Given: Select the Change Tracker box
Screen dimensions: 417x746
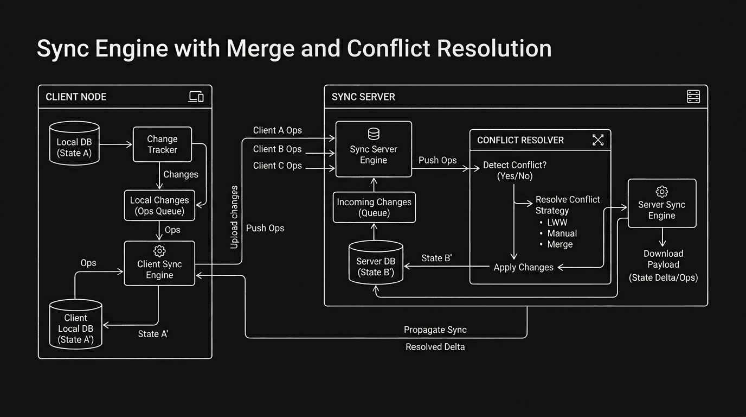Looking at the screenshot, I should coord(162,144).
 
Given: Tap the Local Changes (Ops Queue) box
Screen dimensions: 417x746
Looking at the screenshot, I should coord(159,205).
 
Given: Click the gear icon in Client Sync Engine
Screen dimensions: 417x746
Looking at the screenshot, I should coord(159,251).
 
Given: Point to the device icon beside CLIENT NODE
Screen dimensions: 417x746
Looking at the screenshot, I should coord(196,97).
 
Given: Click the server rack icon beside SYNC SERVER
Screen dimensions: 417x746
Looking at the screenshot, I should coord(693,97).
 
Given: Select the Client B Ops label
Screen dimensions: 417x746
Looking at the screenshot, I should coord(277,149).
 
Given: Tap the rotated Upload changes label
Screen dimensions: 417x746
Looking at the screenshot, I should coord(234,217).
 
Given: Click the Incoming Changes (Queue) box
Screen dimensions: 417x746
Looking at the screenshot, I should coord(374,207).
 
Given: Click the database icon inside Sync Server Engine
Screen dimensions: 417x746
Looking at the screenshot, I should coord(374,134).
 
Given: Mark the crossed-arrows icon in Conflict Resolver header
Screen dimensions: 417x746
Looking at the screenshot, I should coord(597,140).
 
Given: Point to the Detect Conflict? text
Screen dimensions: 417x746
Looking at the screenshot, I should coord(515,165).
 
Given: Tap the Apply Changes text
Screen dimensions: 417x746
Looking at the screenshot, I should coord(523,267).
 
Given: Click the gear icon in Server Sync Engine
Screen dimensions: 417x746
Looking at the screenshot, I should coord(661,191).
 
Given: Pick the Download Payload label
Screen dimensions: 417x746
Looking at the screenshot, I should coord(663,259).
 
